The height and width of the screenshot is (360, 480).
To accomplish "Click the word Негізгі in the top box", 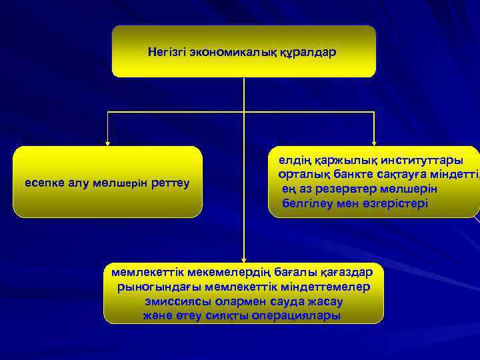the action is pos(167,51).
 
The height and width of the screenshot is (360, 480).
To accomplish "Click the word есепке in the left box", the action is pos(44,182).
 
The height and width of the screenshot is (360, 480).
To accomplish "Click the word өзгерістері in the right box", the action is pos(395,203).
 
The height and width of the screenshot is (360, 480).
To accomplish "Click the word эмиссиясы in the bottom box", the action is pos(174,301).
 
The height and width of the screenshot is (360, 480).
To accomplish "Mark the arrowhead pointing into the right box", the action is pos(375,142).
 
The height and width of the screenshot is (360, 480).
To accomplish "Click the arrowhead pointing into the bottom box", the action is pos(244,259).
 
